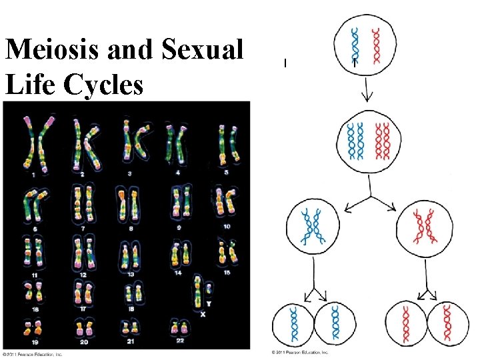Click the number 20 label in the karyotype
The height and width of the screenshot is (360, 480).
[x=83, y=342]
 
